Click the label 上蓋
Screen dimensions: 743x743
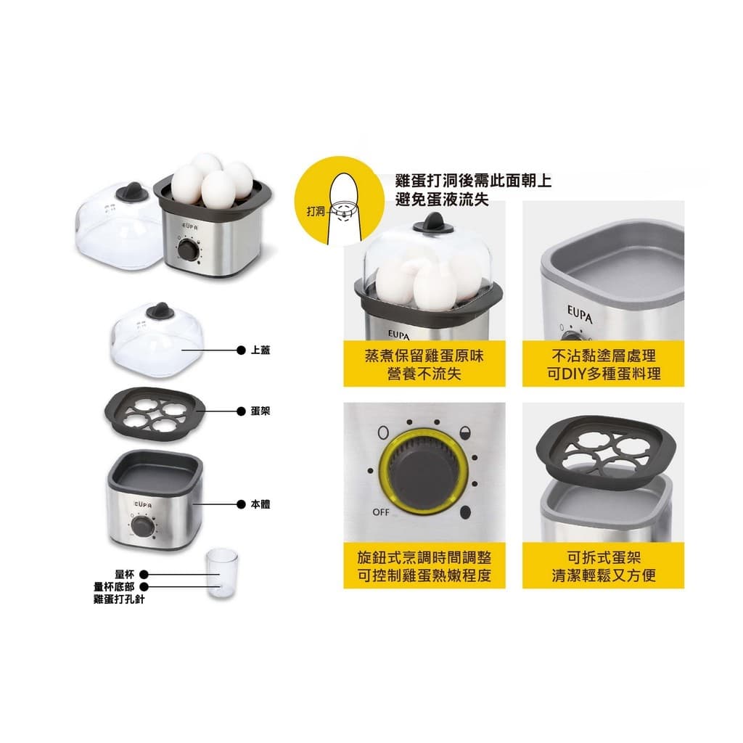(x=260, y=350)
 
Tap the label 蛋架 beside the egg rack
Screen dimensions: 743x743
(x=260, y=411)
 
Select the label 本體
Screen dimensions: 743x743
(x=260, y=504)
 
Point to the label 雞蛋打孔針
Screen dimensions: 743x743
(x=120, y=599)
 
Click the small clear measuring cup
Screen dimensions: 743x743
(x=222, y=572)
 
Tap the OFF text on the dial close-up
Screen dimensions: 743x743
(x=380, y=512)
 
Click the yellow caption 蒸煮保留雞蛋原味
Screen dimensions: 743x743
(x=424, y=356)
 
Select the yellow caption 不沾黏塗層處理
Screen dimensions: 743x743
(x=603, y=356)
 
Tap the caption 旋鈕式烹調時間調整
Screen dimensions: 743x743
(x=424, y=557)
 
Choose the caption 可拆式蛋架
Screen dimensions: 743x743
(x=603, y=557)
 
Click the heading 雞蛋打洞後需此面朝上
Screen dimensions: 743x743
(x=473, y=181)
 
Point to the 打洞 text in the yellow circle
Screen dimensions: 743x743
(x=316, y=211)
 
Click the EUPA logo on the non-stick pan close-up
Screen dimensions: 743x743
(x=580, y=314)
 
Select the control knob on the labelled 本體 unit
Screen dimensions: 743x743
(x=141, y=527)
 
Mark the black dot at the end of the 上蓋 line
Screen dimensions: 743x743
(x=241, y=350)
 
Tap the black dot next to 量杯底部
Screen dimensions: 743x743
(x=144, y=586)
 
